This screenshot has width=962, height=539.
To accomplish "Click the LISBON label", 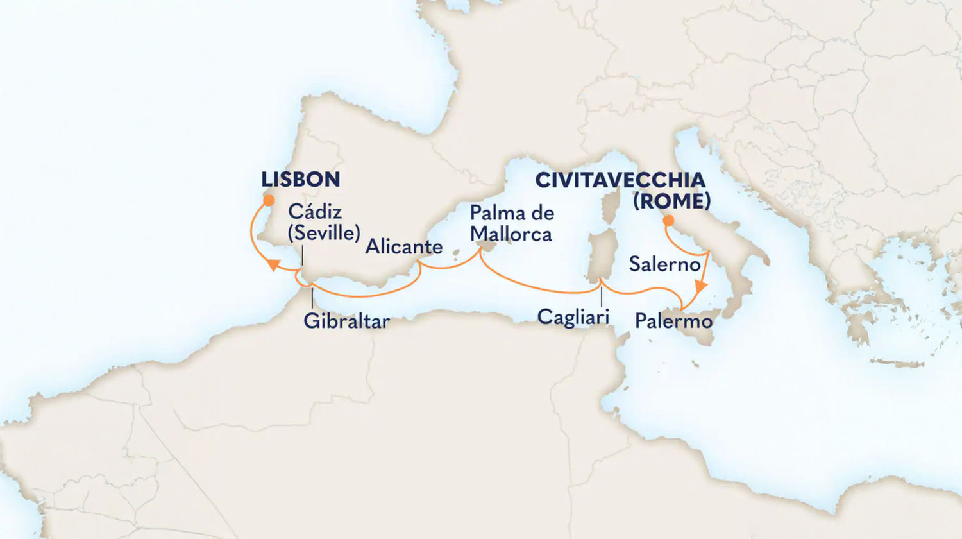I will [x=300, y=180].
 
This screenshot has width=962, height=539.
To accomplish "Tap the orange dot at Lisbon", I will [x=268, y=200].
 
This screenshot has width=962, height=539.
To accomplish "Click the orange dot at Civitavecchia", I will [x=668, y=220].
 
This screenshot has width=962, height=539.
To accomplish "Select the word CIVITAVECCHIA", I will [x=620, y=180].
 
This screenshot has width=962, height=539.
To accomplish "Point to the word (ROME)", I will [x=671, y=201].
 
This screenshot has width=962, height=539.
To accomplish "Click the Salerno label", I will [x=664, y=264].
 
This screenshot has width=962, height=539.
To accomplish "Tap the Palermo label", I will [x=673, y=321].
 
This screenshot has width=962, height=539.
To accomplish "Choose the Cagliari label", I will [x=573, y=316].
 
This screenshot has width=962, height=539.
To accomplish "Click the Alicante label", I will [x=403, y=247].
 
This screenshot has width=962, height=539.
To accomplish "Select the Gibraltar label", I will [x=346, y=321].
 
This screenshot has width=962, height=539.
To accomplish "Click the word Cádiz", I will [x=314, y=212].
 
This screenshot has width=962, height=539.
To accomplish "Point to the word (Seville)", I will [x=323, y=232].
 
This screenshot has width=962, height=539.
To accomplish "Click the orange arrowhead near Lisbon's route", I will [x=272, y=264].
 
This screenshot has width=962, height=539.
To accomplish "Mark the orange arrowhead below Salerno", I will [x=702, y=286].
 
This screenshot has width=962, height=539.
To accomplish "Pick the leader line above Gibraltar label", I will [x=312, y=298].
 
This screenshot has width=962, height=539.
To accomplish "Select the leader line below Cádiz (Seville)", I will [x=301, y=257].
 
